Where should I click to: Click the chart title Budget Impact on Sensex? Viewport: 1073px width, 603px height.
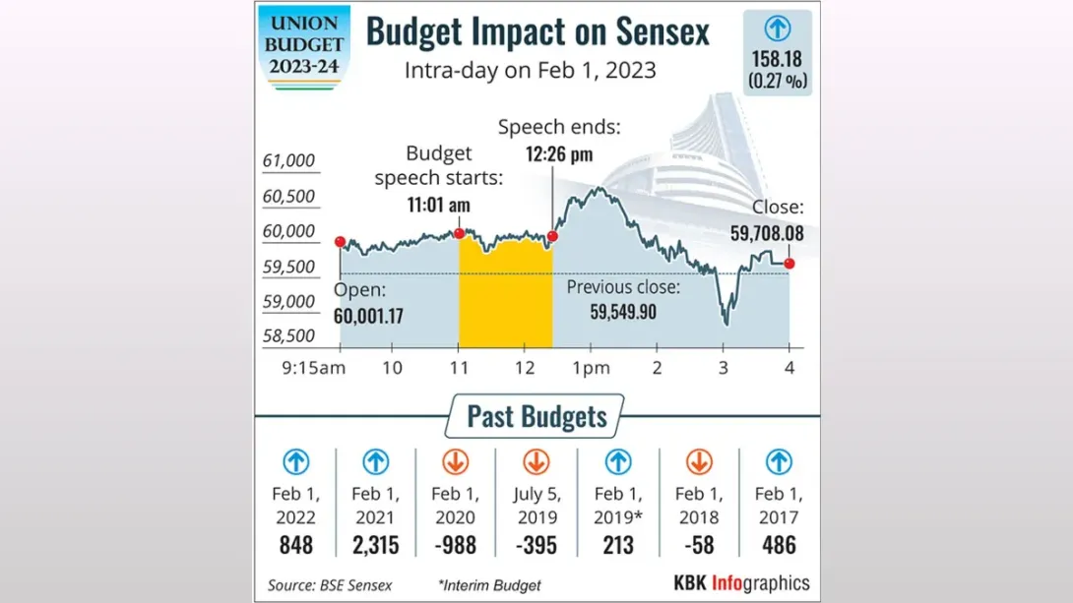click(537, 31)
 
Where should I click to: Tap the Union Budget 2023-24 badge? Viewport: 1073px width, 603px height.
click(306, 45)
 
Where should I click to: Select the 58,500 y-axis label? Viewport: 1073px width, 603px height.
click(288, 335)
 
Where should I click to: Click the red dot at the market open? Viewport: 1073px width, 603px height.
click(340, 242)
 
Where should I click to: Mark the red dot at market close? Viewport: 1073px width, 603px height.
click(789, 263)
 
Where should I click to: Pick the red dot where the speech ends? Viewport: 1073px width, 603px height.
click(552, 236)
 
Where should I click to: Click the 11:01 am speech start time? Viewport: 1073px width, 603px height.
click(439, 205)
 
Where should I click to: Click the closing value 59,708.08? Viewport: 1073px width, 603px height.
click(767, 233)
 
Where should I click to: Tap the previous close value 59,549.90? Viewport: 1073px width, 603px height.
click(623, 312)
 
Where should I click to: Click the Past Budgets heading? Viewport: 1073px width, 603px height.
click(536, 416)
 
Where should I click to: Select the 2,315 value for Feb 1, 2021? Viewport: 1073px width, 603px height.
click(375, 544)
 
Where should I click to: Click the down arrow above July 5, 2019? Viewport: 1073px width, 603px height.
click(536, 461)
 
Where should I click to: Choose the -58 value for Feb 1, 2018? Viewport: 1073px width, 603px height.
click(698, 544)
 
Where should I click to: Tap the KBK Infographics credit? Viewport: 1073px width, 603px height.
click(741, 582)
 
